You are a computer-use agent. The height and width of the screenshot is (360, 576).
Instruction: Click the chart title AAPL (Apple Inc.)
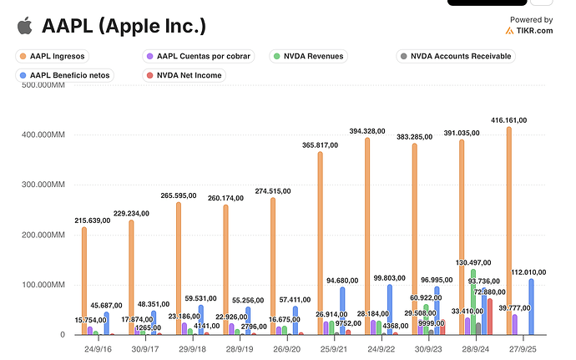pos(124,26)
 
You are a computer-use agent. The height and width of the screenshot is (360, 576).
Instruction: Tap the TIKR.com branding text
pos(534,31)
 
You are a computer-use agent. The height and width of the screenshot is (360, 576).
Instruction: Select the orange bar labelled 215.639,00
pos(83,280)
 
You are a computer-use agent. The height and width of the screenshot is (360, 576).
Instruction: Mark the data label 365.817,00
pos(320,145)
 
